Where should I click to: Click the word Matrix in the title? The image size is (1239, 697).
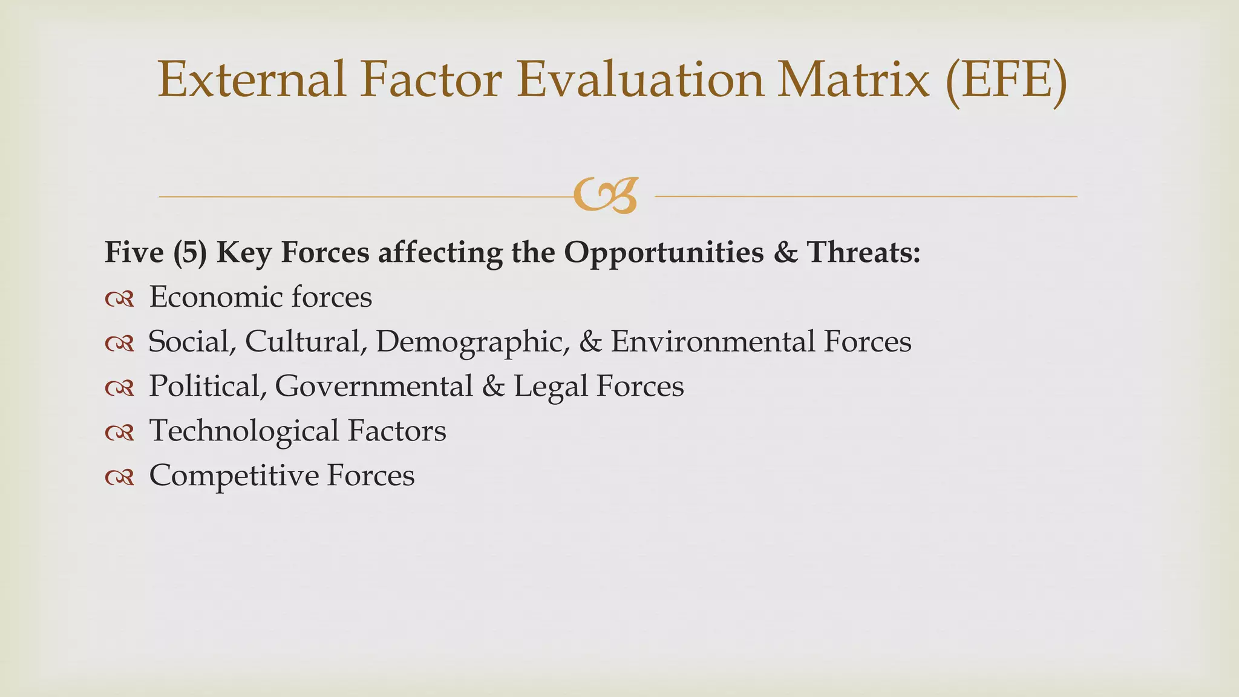853,80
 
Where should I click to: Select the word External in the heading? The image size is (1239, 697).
252,80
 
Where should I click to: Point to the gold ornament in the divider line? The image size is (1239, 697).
606,196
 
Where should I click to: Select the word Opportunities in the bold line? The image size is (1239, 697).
664,253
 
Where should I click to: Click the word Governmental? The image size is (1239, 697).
374,387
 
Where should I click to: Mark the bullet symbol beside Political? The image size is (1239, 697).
119,388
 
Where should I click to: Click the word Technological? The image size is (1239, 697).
244,431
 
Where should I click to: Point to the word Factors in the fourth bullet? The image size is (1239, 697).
397,431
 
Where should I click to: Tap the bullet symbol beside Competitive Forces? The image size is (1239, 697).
119,477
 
